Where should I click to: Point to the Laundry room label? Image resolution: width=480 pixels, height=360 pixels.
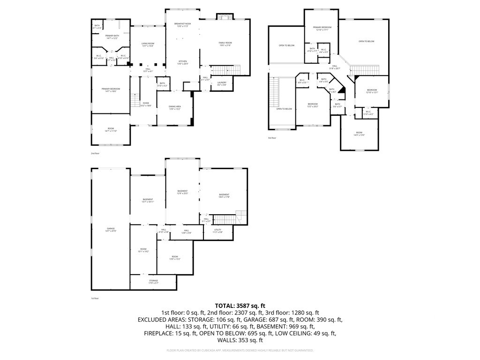(x=222, y=83)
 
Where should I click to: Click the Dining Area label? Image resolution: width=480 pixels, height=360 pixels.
(x=175, y=108)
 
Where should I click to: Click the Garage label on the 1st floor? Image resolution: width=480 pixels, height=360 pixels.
(x=111, y=230)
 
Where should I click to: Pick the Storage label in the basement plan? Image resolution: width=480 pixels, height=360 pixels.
(x=154, y=282)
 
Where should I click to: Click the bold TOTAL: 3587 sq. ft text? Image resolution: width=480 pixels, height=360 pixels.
(x=240, y=306)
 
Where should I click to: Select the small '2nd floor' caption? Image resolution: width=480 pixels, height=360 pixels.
(x=95, y=153)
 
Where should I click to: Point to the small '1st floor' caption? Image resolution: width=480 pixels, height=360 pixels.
(x=95, y=298)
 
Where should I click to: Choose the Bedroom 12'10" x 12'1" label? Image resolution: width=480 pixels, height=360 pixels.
(x=372, y=91)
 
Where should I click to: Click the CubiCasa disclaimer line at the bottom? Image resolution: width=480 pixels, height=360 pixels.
(x=240, y=350)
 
